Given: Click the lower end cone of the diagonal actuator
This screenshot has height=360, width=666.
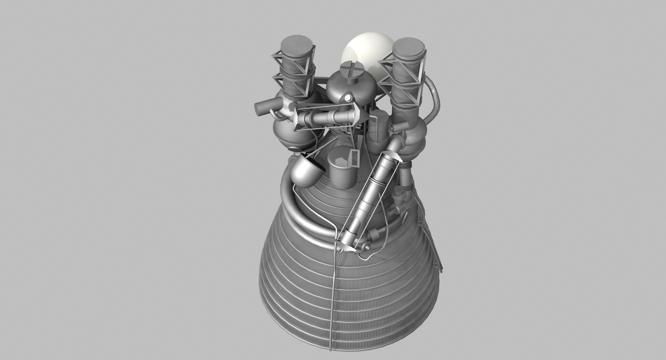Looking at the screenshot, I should coord(346,245).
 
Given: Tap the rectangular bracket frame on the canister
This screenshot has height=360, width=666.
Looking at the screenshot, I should coord(354,158).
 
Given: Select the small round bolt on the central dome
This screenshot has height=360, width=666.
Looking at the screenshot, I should coord(347,98).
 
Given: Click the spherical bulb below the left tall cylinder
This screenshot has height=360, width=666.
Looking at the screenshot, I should coord(292,135).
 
